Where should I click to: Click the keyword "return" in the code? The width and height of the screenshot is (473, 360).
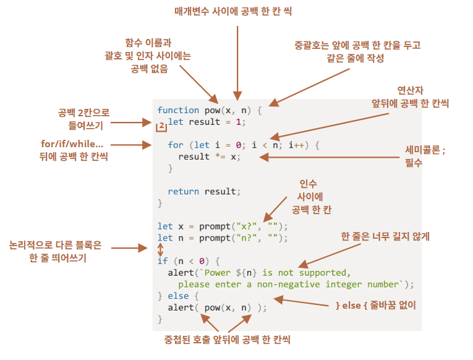183,191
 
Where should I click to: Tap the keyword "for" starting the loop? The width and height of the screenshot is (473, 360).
176,145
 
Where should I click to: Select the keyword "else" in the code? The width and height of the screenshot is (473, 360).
178,296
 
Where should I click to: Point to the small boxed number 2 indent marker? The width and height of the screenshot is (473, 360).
161,126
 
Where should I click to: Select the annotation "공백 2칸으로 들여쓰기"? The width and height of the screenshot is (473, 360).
83,118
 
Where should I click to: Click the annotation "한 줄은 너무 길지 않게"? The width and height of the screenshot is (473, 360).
385,236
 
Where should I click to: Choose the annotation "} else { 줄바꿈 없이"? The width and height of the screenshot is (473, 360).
375,305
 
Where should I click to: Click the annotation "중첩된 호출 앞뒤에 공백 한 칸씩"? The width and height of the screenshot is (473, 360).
227,340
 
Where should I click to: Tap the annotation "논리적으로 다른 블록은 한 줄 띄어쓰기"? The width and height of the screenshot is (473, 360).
56,251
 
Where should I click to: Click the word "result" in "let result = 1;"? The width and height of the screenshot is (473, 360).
204,122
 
